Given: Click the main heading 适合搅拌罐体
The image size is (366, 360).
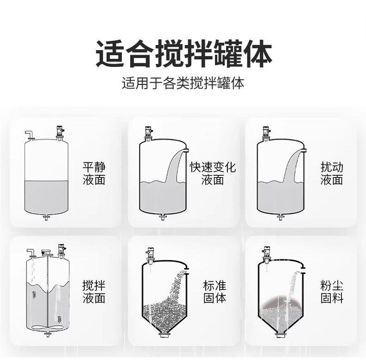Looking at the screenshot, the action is pyautogui.click(x=184, y=54).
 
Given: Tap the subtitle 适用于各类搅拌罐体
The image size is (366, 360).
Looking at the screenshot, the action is pyautogui.click(x=183, y=83).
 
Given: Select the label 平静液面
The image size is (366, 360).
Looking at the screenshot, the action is pyautogui.click(x=94, y=174).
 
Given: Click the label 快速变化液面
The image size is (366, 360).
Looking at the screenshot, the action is pyautogui.click(x=212, y=174).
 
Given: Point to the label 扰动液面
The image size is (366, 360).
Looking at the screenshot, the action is pyautogui.click(x=332, y=174).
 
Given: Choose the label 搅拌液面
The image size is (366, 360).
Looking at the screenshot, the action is pyautogui.click(x=94, y=291).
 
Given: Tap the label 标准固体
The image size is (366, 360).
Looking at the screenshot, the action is pyautogui.click(x=215, y=291).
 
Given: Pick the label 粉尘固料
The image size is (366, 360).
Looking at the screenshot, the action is pyautogui.click(x=332, y=291).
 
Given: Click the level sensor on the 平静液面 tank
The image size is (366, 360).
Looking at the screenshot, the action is pyautogui.click(x=60, y=133).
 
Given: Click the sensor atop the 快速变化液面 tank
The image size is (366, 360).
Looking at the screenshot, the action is pyautogui.click(x=148, y=134).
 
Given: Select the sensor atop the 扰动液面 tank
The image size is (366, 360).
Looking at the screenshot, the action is pyautogui.click(x=266, y=134).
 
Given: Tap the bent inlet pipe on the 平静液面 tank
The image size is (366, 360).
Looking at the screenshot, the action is pyautogui.click(x=30, y=135).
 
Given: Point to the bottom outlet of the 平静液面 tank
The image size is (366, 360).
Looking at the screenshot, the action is pyautogui.click(x=46, y=218).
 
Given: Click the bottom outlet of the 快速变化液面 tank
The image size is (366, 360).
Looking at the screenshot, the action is pyautogui.click(x=163, y=218).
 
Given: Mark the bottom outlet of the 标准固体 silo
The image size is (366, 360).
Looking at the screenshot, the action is pyautogui.click(x=164, y=336).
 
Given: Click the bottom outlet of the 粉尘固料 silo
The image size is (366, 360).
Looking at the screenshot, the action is pyautogui.click(x=281, y=335).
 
